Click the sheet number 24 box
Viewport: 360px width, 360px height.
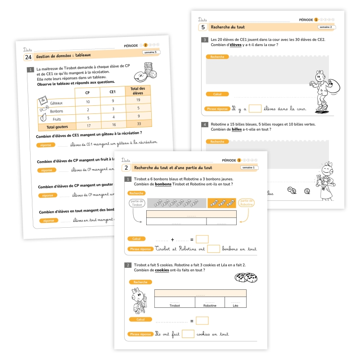[28, 57]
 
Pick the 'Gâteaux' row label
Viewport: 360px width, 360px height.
[56, 103]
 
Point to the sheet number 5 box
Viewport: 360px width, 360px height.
[203, 27]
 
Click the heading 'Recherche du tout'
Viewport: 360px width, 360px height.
[228, 27]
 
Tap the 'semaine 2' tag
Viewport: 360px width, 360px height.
[325, 27]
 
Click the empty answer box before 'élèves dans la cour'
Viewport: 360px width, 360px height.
[255, 108]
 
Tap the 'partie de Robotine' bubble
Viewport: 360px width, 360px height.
[247, 203]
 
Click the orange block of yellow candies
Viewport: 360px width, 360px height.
[221, 203]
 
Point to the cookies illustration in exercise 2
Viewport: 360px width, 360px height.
[246, 278]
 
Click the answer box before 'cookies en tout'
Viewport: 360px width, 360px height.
[188, 334]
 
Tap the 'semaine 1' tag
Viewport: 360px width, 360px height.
[248, 167]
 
